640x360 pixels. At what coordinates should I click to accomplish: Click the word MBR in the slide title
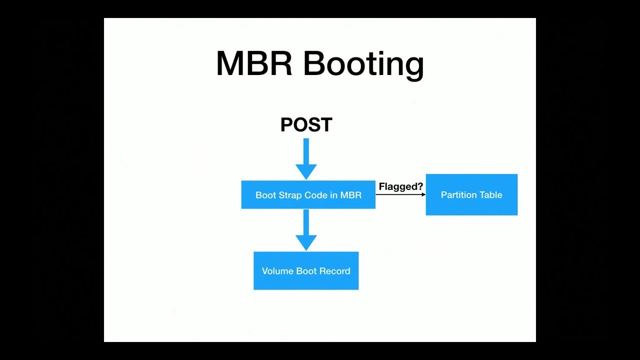254,63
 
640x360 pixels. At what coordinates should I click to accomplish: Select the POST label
306,125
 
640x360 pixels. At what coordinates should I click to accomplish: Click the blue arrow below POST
306,158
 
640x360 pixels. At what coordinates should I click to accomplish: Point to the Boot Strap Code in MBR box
308,194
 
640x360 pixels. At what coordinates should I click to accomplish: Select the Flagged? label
400,186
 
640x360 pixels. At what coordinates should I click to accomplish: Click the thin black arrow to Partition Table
400,194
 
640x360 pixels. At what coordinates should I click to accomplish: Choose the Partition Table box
471,194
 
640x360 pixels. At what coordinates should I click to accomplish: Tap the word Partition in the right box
458,195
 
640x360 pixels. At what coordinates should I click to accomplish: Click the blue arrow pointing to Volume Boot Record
306,229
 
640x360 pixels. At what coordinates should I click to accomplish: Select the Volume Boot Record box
306,270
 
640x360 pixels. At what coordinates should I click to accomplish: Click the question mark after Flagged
420,186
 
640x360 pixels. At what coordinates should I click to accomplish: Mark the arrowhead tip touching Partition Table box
424,194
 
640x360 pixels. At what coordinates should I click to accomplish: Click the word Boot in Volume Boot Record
306,271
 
